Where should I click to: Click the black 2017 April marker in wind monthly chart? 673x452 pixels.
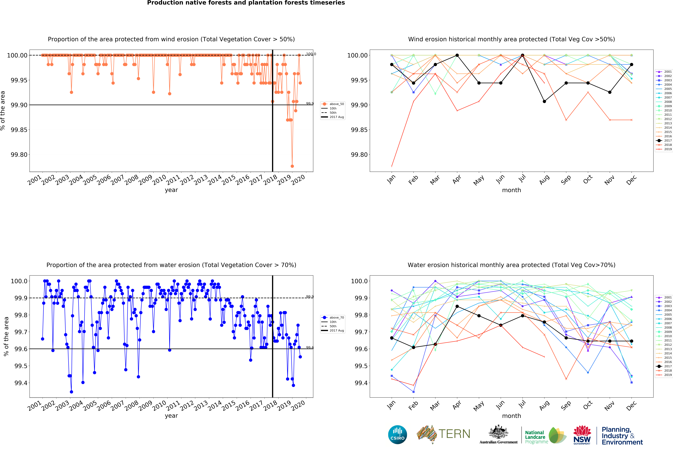pos(457,55)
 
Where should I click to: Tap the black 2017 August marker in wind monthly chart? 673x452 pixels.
pos(544,101)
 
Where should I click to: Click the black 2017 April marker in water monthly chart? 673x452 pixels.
pos(457,306)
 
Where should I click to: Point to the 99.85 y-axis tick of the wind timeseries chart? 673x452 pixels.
pos(19,130)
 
